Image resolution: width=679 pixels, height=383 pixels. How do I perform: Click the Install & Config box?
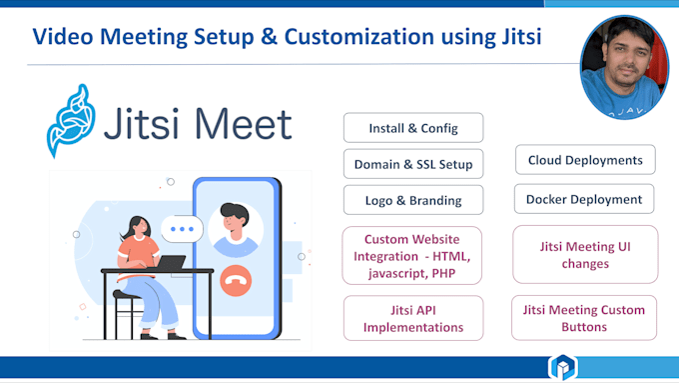[413, 127]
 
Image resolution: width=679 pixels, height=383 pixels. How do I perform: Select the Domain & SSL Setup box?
[413, 163]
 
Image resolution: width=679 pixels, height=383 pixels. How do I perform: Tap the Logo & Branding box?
[413, 199]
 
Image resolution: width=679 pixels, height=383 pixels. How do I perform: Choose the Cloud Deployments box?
[585, 159]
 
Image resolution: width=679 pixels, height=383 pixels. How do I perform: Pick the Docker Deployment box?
[584, 198]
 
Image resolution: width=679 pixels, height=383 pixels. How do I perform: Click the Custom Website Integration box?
[412, 255]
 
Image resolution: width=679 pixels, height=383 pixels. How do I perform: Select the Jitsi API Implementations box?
[412, 317]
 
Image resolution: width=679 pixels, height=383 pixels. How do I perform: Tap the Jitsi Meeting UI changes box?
[584, 255]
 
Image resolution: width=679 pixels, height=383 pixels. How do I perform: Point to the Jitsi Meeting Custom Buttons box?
[584, 317]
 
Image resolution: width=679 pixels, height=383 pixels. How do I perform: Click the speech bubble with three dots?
[181, 229]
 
